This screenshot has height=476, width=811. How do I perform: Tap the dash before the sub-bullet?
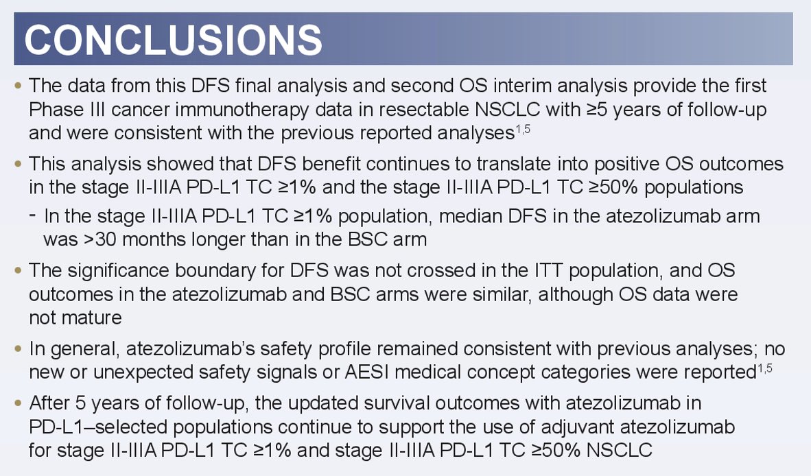(33, 215)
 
